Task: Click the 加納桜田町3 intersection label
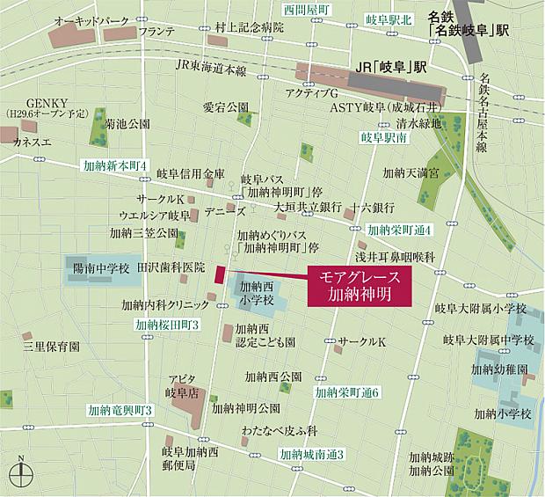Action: coord(169,325)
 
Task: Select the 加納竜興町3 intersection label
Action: coord(120,410)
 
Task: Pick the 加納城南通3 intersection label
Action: coord(311,454)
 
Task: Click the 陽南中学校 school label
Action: coord(100,267)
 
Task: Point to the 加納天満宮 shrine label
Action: coord(410,174)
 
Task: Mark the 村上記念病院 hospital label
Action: coord(250,27)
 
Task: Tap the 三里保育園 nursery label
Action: coord(52,347)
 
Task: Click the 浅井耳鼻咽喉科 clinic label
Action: coord(396,256)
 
